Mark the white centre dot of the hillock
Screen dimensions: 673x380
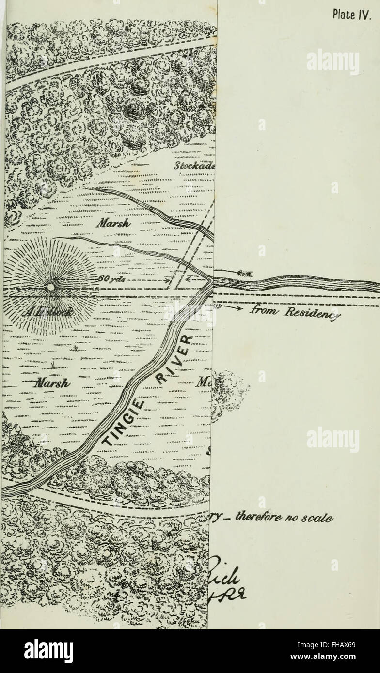50,287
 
